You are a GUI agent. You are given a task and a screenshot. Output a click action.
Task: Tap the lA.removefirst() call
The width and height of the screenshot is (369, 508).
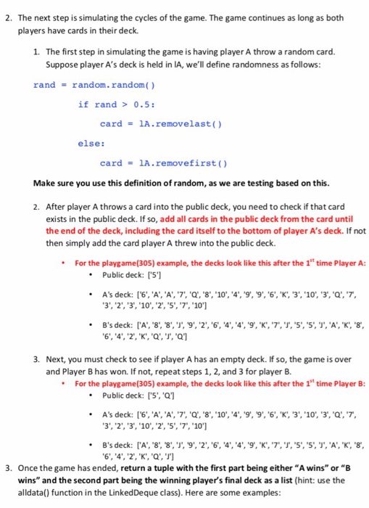[164, 163]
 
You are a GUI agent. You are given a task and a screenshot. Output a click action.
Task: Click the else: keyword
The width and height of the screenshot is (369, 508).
[91, 143]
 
